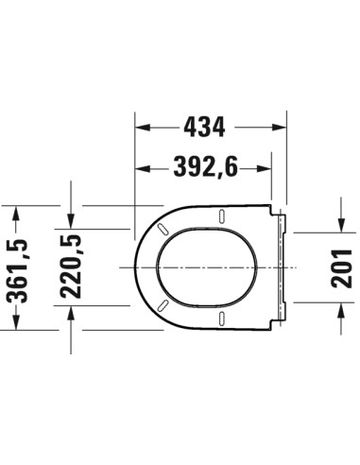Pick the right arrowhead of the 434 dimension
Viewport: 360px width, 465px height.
click(281, 125)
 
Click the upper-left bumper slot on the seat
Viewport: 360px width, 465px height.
click(163, 230)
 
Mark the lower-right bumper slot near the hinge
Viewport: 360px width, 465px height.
click(222, 319)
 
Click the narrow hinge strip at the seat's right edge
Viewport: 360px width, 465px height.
click(282, 267)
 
